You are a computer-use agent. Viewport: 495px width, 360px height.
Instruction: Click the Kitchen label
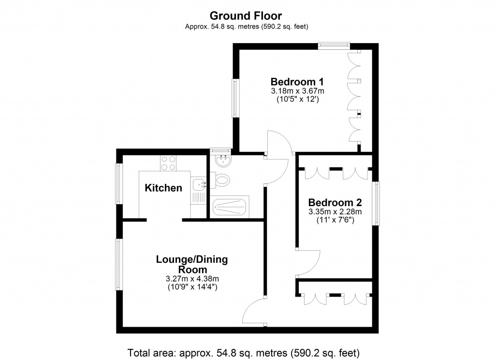(x=163, y=188)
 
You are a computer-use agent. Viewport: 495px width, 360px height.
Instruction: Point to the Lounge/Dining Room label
(x=191, y=264)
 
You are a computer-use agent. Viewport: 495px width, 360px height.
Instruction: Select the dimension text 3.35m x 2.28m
(x=335, y=211)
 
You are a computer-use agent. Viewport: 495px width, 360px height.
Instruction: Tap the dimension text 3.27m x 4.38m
(x=191, y=279)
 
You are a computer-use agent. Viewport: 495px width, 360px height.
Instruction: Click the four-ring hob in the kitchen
(x=168, y=163)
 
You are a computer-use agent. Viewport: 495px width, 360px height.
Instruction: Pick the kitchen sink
(x=199, y=184)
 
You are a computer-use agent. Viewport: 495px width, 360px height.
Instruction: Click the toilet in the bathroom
(x=222, y=181)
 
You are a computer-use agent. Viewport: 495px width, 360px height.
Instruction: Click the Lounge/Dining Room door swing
(x=254, y=312)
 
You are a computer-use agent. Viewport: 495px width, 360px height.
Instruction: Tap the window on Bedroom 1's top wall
(x=334, y=46)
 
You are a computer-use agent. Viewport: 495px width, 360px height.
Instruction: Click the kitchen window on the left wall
(x=118, y=183)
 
